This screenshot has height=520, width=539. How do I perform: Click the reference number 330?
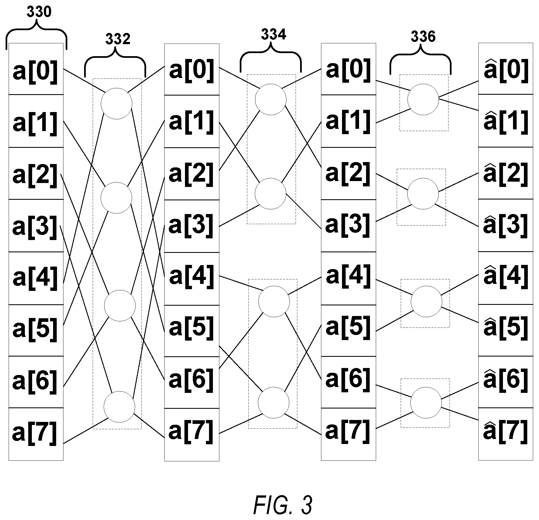coord(39,13)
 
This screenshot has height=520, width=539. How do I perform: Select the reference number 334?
coord(274,35)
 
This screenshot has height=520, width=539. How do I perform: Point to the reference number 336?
coord(423,37)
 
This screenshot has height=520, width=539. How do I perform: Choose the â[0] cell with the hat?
coord(506,69)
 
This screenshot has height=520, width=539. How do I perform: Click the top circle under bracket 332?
coord(117,104)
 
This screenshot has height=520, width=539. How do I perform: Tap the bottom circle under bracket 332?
coord(119,407)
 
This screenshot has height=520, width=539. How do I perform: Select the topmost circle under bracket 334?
coord(271,99)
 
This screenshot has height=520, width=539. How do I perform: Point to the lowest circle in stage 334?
coord(274,403)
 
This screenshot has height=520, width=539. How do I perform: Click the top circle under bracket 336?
coord(423,99)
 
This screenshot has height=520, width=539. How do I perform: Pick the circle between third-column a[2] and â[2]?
coord(423,194)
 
